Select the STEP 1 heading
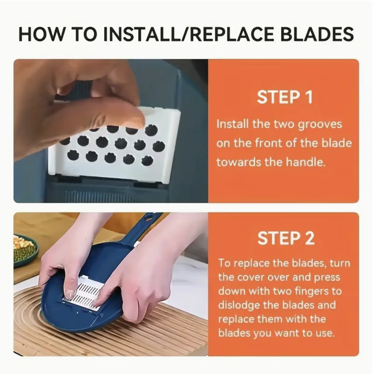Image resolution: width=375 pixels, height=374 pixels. [285, 97]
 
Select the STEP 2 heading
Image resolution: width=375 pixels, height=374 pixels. [286, 238]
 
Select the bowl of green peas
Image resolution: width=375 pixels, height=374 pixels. [25, 251]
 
